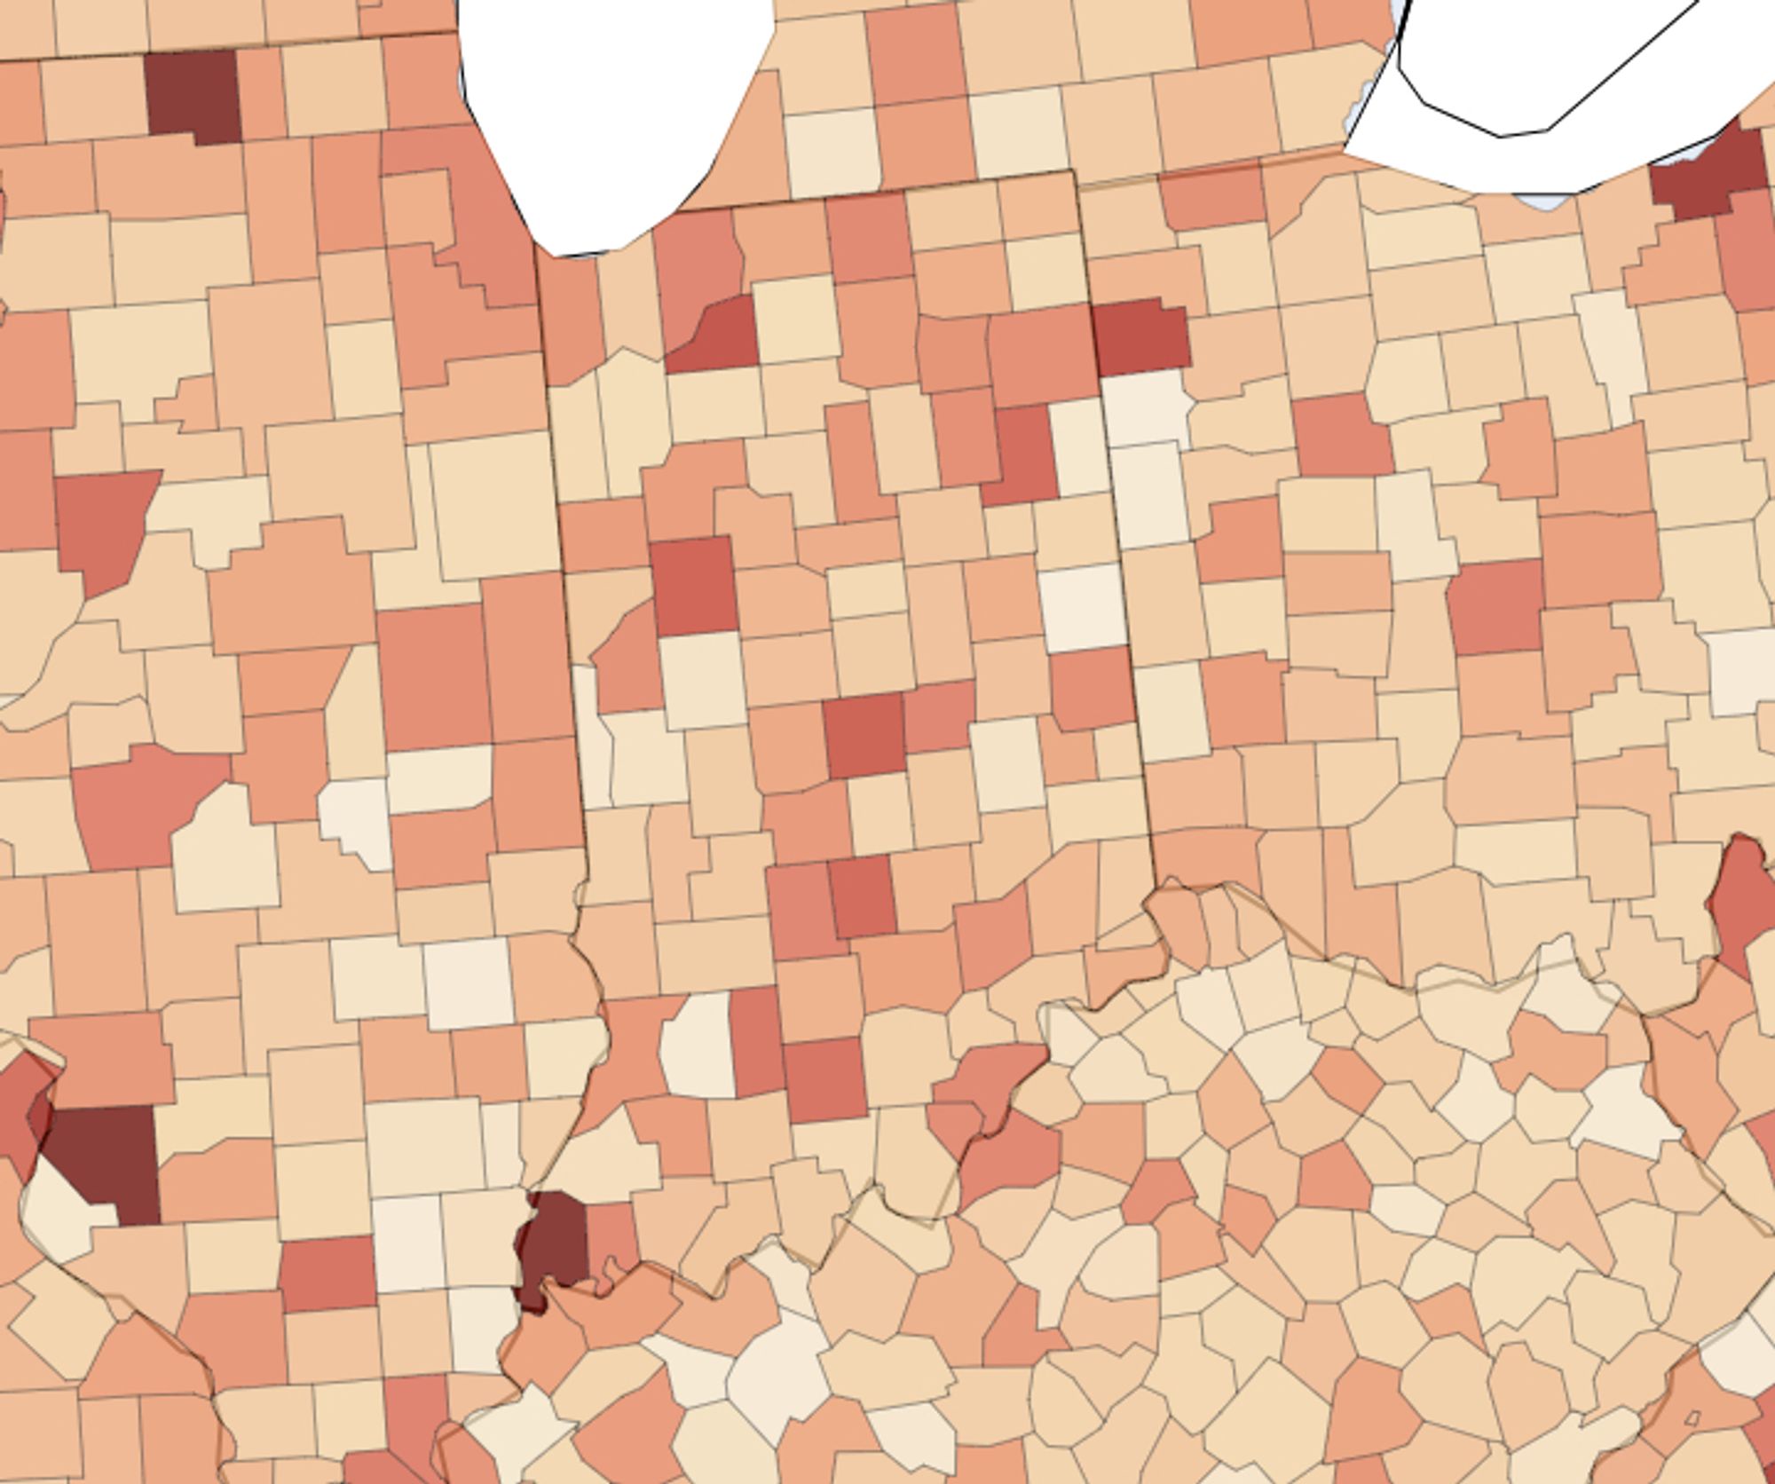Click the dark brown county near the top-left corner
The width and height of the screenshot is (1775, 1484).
193,96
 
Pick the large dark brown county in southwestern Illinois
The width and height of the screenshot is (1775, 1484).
106,1158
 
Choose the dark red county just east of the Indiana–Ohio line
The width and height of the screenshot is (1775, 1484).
1140,337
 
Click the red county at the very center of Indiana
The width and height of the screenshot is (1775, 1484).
864,735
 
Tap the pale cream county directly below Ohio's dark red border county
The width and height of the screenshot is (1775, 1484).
1145,408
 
